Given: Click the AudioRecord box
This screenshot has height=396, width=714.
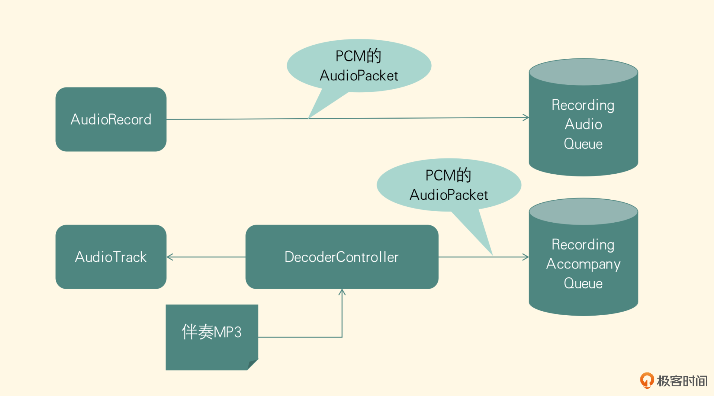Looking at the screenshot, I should tap(111, 119).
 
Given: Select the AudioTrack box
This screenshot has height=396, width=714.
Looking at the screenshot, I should tap(111, 257).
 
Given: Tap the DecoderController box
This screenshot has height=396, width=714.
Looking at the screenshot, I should tap(342, 257).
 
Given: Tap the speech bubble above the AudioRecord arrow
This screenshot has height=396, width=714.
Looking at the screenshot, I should tap(359, 66).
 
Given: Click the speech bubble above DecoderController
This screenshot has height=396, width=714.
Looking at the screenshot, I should tap(449, 185).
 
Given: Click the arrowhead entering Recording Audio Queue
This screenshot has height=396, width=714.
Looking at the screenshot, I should tap(526, 117).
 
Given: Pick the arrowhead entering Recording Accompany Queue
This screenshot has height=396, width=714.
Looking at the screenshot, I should tap(526, 257).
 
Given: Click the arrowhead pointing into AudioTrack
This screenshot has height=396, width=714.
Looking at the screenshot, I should tap(170, 257).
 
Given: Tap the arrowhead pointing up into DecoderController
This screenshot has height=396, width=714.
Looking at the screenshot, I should tap(342, 292).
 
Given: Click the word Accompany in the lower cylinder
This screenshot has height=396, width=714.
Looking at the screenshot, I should tap(583, 264).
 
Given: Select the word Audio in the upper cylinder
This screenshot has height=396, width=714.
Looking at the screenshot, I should tap(583, 125).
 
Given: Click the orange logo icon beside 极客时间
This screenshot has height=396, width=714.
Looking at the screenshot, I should tap(647, 380).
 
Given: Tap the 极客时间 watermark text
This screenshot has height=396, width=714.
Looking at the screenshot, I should tap(682, 381).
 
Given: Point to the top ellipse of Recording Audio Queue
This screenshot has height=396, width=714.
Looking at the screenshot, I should tap(583, 72).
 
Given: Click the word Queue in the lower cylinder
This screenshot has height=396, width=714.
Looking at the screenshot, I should tap(583, 283).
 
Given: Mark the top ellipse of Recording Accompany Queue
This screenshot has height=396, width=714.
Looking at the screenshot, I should tap(583, 211).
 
